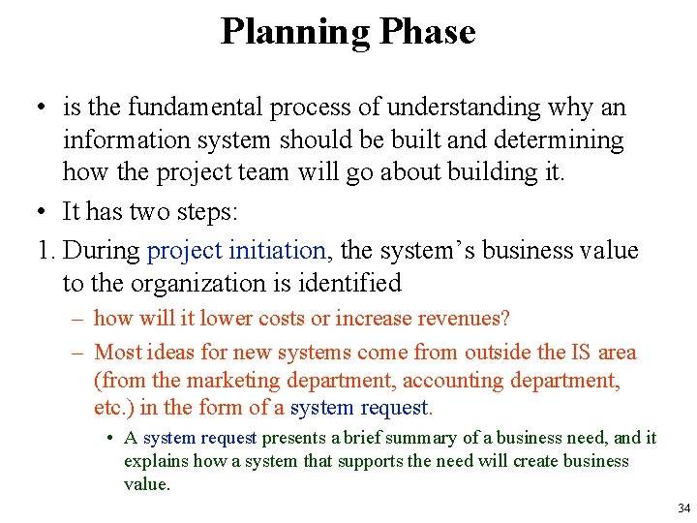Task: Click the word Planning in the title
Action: tap(295, 32)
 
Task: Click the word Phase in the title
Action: tap(427, 32)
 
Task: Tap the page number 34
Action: tap(684, 508)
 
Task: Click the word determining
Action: tap(561, 139)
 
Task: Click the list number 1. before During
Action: tap(47, 250)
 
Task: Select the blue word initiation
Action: tap(279, 250)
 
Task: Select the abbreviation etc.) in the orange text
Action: tap(115, 408)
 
